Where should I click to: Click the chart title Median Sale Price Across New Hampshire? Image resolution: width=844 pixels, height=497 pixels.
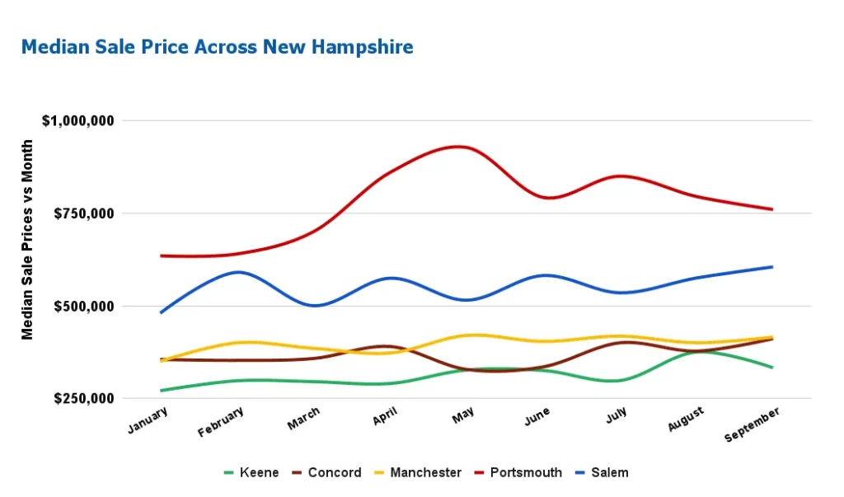[217, 47]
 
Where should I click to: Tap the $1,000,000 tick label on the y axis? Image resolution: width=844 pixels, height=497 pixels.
[77, 120]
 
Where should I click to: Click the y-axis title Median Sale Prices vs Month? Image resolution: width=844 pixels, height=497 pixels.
[28, 239]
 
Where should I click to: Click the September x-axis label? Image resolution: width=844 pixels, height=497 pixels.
[752, 424]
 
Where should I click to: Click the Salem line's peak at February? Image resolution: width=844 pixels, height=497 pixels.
[238, 272]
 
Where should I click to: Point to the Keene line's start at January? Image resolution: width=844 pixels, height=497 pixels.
[161, 391]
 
